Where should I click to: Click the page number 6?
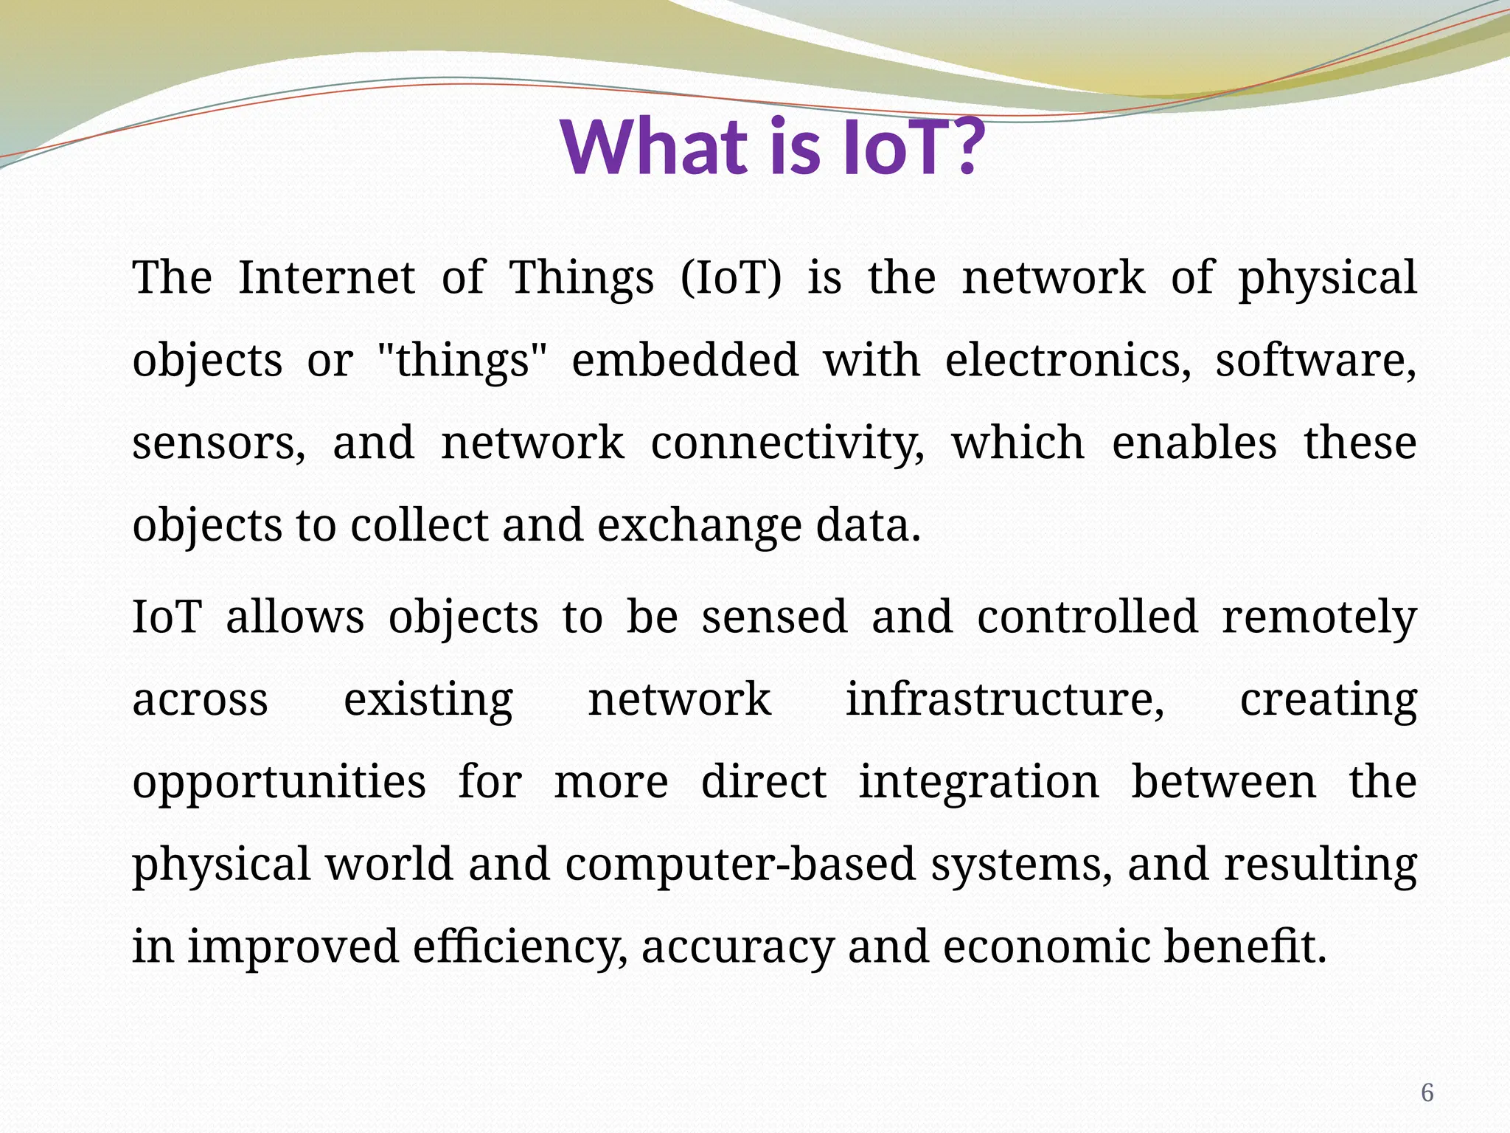point(1427,1092)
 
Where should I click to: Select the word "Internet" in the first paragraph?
point(327,278)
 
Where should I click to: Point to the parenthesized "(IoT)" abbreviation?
point(731,278)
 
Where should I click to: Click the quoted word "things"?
point(462,361)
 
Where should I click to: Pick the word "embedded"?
point(685,360)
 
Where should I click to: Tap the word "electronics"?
point(1067,360)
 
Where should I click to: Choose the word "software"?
point(1315,360)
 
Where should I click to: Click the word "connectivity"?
point(787,444)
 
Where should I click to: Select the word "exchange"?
point(699,526)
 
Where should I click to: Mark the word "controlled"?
point(1088,617)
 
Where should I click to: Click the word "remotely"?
point(1319,618)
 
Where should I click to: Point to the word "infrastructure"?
point(1004,699)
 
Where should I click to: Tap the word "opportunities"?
point(279,783)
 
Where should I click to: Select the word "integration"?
point(978,782)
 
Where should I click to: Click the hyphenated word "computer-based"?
point(740,865)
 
